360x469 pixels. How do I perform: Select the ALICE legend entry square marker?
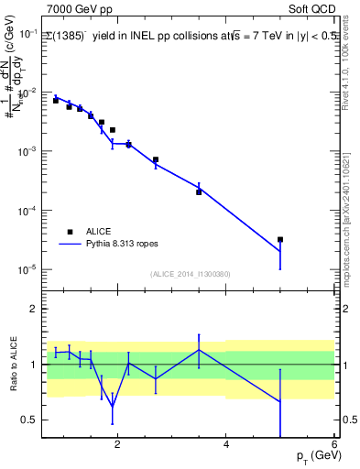70,232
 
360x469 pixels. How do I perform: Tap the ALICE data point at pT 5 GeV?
280,239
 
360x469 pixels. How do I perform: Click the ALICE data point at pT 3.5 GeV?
199,192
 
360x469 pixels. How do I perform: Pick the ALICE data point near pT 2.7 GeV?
156,159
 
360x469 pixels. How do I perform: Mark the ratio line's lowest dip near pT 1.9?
113,407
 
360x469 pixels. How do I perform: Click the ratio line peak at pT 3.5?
199,350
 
